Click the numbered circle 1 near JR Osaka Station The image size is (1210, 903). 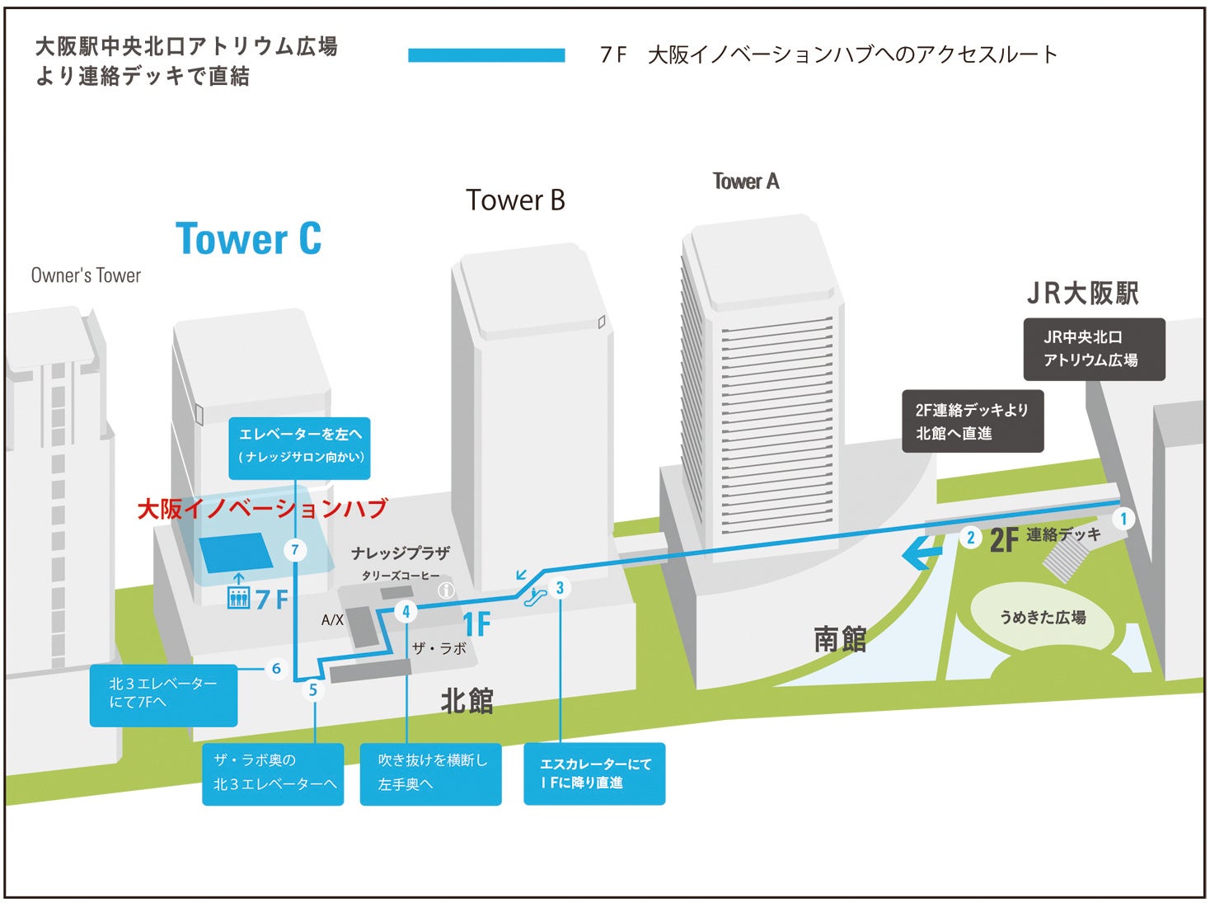pos(1123,519)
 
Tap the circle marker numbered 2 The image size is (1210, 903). pos(971,538)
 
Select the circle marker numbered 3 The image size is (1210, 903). pos(560,587)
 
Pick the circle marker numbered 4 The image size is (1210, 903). pos(406,611)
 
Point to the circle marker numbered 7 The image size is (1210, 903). pos(295,549)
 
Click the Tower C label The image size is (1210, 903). pos(248,239)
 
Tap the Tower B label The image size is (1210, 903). pos(515,200)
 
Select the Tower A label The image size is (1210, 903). pos(745,181)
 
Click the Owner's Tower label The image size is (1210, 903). pos(86,275)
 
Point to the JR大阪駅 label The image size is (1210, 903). pos(1082,293)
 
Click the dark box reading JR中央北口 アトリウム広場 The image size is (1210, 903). pos(1094,349)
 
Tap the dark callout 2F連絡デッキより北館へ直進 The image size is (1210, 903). pos(973,421)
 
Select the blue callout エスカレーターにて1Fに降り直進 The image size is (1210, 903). pos(594,774)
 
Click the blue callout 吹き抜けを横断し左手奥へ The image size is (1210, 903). pos(430,774)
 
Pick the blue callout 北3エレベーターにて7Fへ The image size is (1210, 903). pos(163,694)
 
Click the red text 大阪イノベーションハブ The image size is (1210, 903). pos(262,509)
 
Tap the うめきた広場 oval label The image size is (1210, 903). pos(1042,617)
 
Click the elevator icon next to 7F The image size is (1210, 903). pos(238,597)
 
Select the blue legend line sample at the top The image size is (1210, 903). pos(486,55)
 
